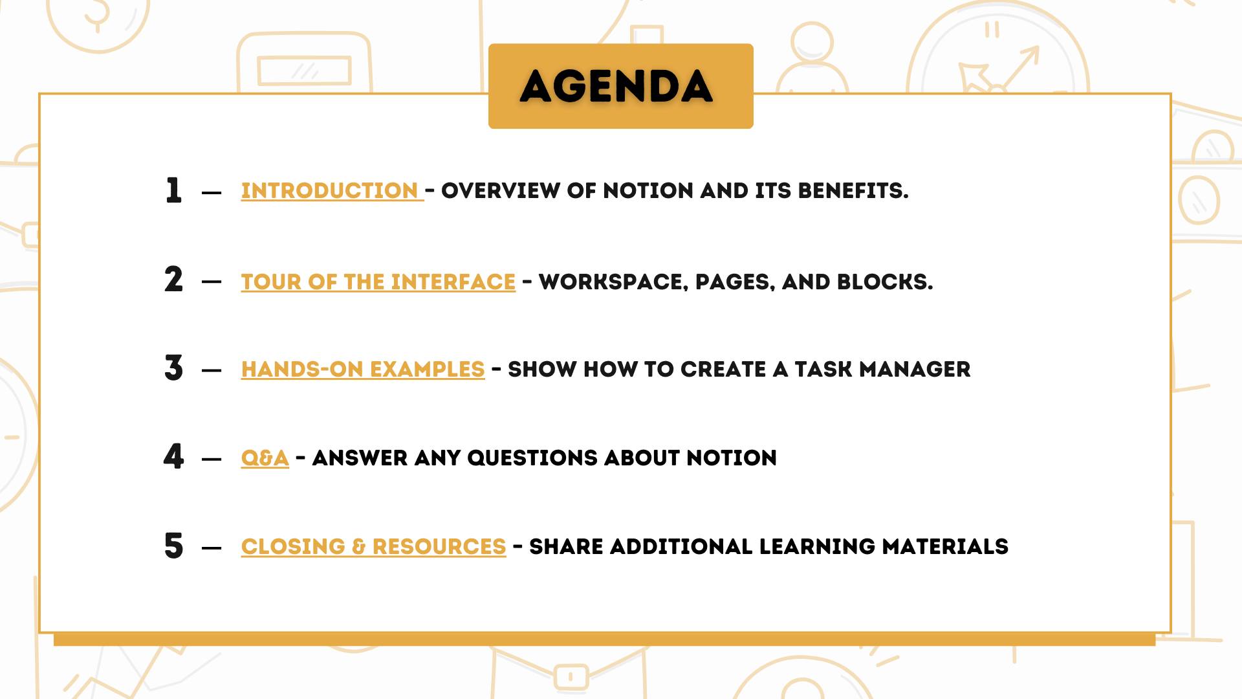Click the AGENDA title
coord(616,87)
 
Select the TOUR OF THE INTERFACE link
coord(378,282)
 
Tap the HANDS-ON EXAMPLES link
coord(363,370)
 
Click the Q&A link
coord(265,458)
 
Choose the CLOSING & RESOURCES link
coord(374,547)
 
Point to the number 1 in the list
coord(173,190)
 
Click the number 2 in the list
coord(173,280)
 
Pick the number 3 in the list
coord(173,368)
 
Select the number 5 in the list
coord(173,545)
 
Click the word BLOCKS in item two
coord(885,282)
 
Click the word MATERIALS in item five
coord(945,547)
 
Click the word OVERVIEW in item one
coord(501,191)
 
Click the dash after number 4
coord(212,460)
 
